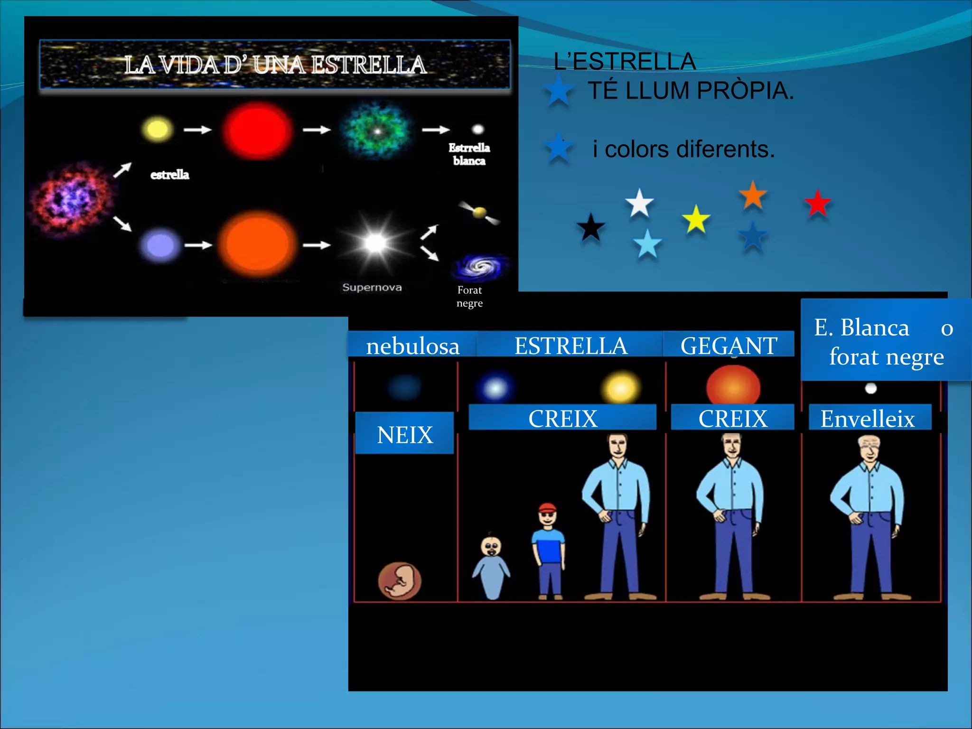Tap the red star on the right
click(x=817, y=203)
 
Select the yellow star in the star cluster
click(x=696, y=219)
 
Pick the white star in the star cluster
click(x=639, y=203)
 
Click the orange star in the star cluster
click(x=753, y=195)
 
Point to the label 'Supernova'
click(x=372, y=287)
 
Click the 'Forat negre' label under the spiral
click(x=469, y=297)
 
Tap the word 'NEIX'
click(x=405, y=435)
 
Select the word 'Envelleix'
click(x=868, y=419)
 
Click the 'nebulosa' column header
click(x=412, y=346)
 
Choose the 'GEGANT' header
click(x=729, y=346)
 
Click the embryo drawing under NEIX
click(x=400, y=580)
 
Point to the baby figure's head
click(x=491, y=547)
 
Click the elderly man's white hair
click(x=869, y=442)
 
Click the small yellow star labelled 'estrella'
click(x=157, y=129)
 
